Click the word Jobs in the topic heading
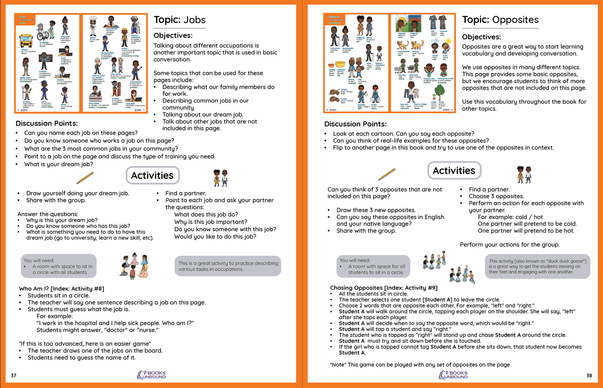click(x=194, y=20)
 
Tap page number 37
click(x=14, y=375)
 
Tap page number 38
click(x=589, y=375)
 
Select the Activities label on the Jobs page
click(x=152, y=175)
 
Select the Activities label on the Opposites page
click(x=454, y=170)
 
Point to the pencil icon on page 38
click(x=386, y=174)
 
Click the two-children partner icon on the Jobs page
click(x=220, y=178)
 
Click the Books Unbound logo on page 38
click(x=453, y=375)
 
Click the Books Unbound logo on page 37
click(x=151, y=375)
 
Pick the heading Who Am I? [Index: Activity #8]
click(x=61, y=288)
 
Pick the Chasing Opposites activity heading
click(x=383, y=288)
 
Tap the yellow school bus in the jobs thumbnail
click(x=26, y=41)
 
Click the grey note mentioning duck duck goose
click(x=537, y=266)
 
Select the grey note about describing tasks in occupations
click(x=228, y=266)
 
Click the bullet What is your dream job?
click(x=58, y=164)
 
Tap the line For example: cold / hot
click(x=510, y=217)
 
